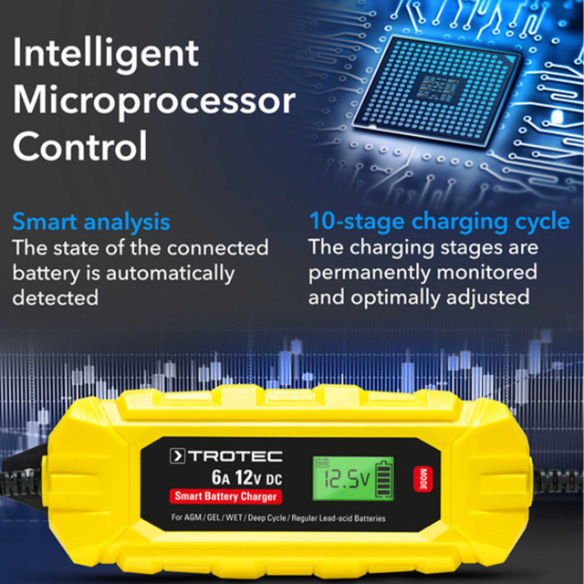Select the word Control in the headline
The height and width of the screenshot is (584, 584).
click(80, 146)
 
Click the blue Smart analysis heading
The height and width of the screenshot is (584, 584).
click(91, 223)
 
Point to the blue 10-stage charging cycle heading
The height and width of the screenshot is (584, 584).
click(440, 222)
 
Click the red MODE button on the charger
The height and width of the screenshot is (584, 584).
click(423, 478)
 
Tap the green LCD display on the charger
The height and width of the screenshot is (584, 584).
click(353, 478)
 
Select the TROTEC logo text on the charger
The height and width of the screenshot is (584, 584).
click(235, 456)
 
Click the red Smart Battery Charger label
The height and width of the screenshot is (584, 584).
click(225, 496)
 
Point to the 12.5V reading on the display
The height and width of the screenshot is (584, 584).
click(347, 479)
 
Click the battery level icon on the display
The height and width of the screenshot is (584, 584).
click(383, 479)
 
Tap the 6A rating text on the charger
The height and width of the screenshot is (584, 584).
click(221, 477)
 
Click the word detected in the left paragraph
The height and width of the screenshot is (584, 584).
click(56, 297)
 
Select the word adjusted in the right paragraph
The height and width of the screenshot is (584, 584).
click(487, 298)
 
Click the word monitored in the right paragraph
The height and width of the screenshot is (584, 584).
click(486, 272)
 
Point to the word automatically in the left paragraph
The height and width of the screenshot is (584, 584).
click(171, 274)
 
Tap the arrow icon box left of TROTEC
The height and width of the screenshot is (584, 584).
click(177, 456)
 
